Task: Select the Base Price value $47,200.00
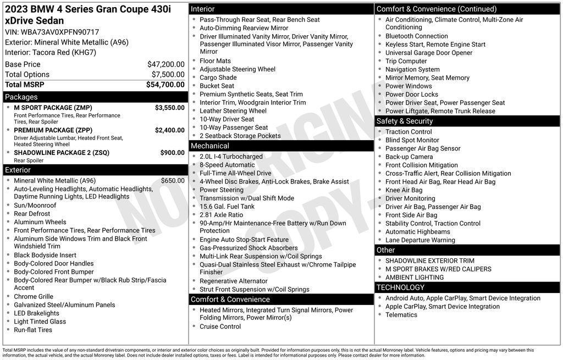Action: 165,64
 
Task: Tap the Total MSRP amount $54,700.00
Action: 165,85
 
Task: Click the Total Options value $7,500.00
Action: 168,74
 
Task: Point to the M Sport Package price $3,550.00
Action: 169,108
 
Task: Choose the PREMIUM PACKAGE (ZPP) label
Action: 53,130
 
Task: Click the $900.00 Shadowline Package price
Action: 172,153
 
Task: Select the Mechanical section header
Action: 209,146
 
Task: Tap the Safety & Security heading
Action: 405,121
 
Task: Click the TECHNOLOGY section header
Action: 400,287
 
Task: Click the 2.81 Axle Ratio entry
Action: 221,215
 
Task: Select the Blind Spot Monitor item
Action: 412,140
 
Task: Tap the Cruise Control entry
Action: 220,326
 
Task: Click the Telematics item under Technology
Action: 401,315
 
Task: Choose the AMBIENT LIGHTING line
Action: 415,278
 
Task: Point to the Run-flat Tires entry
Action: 33,330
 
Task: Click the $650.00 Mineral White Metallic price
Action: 173,181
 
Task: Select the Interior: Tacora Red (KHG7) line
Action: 51,52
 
